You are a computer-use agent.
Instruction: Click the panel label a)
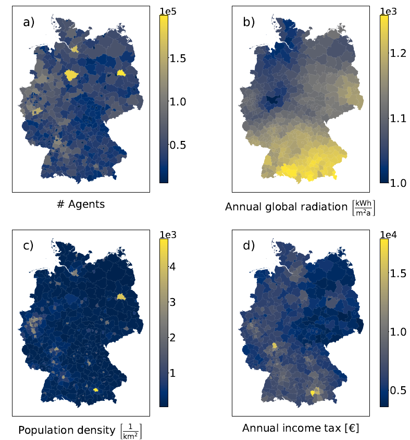[29, 22]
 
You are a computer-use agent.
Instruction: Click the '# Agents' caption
[81, 204]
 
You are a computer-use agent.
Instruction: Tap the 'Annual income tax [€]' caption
[301, 429]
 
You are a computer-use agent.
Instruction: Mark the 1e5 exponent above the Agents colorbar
[169, 9]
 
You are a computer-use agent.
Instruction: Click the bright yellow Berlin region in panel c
[121, 296]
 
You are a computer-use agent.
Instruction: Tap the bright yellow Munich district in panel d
[313, 393]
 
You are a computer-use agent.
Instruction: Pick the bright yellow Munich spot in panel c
[95, 389]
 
